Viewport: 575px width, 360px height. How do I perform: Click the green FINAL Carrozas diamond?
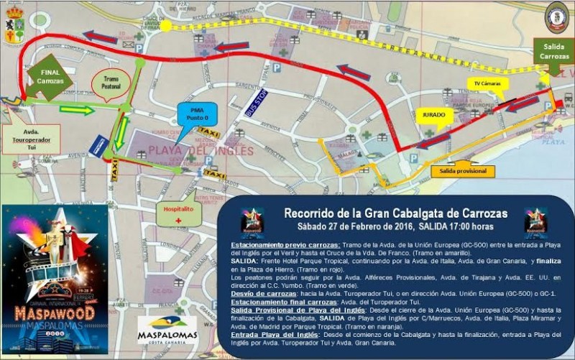[x=50, y=76]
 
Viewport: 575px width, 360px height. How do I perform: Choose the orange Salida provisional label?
[x=463, y=171]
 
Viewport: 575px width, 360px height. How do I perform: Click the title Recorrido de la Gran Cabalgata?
[x=395, y=213]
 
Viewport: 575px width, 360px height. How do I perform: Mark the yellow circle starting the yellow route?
[x=166, y=26]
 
